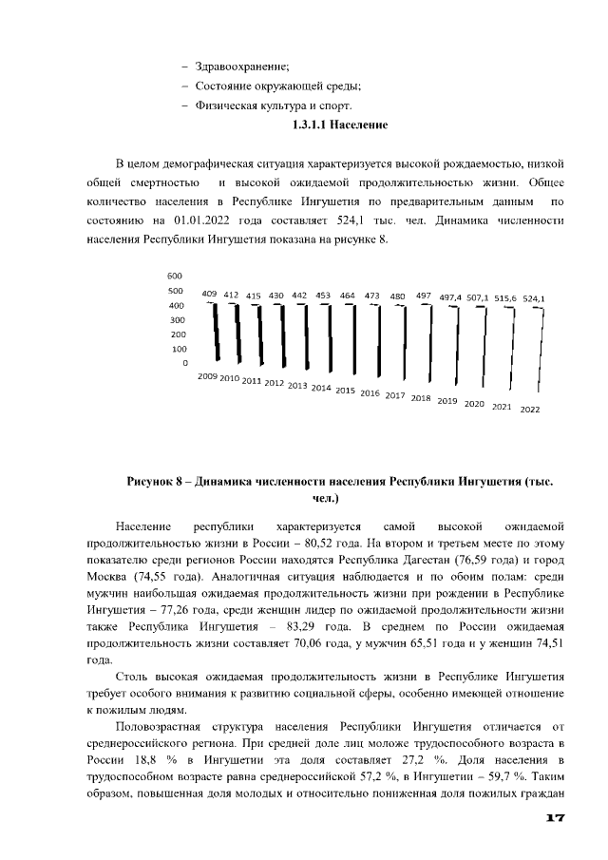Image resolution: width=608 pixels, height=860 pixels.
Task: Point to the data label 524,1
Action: (534, 298)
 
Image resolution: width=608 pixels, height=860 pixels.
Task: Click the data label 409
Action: (210, 295)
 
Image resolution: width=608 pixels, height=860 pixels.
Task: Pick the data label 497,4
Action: (450, 297)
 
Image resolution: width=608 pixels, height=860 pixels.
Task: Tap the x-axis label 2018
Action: (421, 398)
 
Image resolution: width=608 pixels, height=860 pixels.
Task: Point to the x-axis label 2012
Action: (275, 383)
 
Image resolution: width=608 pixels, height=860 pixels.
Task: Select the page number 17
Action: (556, 819)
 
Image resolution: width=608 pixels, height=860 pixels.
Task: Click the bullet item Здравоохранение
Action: (241, 66)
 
